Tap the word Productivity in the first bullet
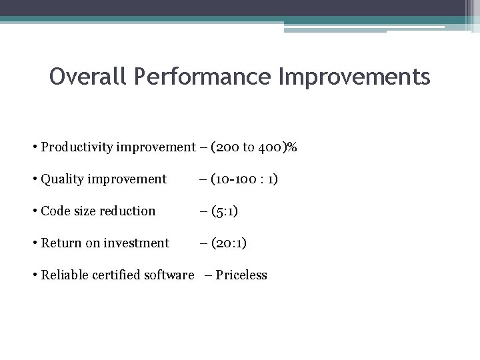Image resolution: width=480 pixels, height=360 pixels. (x=75, y=147)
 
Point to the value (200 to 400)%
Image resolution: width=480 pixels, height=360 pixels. (x=253, y=147)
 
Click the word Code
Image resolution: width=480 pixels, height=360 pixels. (x=55, y=211)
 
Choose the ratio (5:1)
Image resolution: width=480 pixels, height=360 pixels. (x=225, y=211)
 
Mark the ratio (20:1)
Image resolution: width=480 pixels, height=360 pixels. (x=229, y=243)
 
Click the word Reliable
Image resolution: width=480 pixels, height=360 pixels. (x=65, y=275)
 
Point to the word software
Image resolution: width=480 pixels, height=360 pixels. (x=169, y=275)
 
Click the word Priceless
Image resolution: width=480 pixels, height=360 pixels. (x=241, y=275)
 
